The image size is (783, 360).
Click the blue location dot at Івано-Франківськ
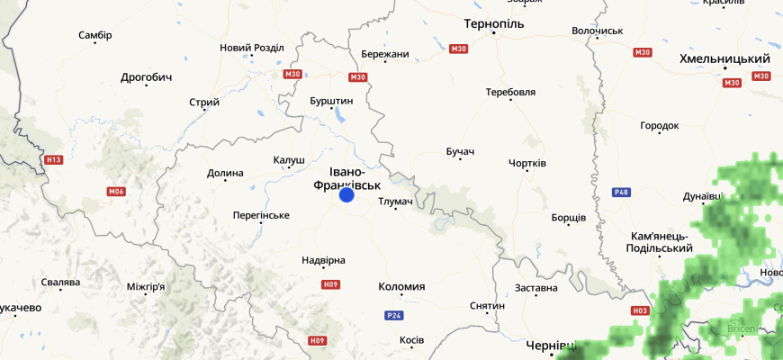coord(346,194)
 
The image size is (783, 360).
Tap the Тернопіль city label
coord(494,22)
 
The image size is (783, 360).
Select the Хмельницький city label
coord(724,58)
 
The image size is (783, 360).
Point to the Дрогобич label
coord(146,77)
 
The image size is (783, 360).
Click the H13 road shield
coord(54,160)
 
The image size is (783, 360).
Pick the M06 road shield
coord(115,191)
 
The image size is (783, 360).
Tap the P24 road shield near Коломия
coord(393,315)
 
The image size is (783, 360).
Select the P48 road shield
coord(620,192)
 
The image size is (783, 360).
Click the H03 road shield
coord(640,310)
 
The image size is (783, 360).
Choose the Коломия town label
coord(400,287)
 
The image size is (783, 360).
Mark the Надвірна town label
coord(323,260)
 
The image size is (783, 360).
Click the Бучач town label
coord(459,150)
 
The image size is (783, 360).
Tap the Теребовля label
coord(510,92)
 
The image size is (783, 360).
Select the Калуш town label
coord(289,160)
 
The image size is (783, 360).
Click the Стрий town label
coord(204,102)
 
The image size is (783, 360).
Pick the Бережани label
coord(384,54)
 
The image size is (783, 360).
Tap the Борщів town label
coord(569,218)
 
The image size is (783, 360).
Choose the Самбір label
coord(95,35)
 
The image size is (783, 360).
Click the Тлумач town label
coord(395,202)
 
